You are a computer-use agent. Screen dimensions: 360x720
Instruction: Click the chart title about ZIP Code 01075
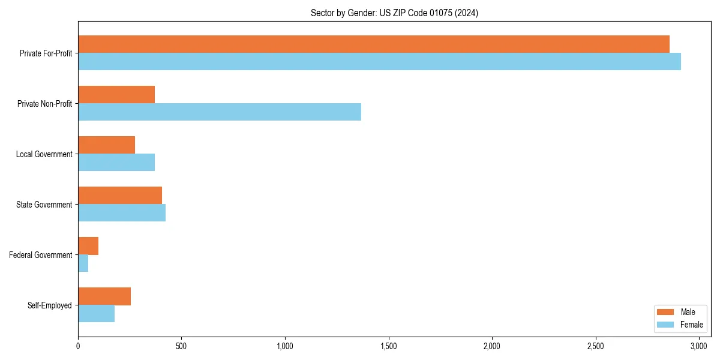(x=394, y=13)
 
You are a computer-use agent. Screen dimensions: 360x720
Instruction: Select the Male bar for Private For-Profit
(x=373, y=44)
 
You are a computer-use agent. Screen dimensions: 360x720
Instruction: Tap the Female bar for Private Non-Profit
(x=219, y=112)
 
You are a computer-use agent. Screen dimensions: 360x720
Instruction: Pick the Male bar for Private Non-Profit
(x=116, y=95)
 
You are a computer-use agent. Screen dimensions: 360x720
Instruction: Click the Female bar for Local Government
(x=116, y=163)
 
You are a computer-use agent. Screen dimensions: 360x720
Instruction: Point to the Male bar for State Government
(x=120, y=196)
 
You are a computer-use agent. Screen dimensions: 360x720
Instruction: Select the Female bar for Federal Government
(x=83, y=263)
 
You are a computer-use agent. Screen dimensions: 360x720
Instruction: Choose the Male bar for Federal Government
(x=88, y=246)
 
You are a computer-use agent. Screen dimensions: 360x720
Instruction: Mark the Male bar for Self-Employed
(x=104, y=296)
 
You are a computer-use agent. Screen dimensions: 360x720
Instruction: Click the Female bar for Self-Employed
(x=96, y=314)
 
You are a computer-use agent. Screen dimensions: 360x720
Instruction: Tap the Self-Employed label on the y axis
(x=50, y=305)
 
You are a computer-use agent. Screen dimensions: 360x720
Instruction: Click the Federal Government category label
(x=41, y=255)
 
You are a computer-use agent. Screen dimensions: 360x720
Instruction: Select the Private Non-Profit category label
(x=45, y=104)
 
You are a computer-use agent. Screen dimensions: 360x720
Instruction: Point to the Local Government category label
(x=44, y=154)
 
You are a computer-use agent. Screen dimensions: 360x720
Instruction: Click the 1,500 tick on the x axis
(x=389, y=346)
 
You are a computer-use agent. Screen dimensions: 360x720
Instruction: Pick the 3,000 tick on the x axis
(x=699, y=346)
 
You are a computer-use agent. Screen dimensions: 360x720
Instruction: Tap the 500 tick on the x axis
(x=181, y=346)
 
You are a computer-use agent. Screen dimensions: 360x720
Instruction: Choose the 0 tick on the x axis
(x=78, y=346)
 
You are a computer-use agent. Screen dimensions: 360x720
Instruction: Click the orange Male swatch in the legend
(x=666, y=312)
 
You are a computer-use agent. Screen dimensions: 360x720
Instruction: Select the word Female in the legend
(x=691, y=325)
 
